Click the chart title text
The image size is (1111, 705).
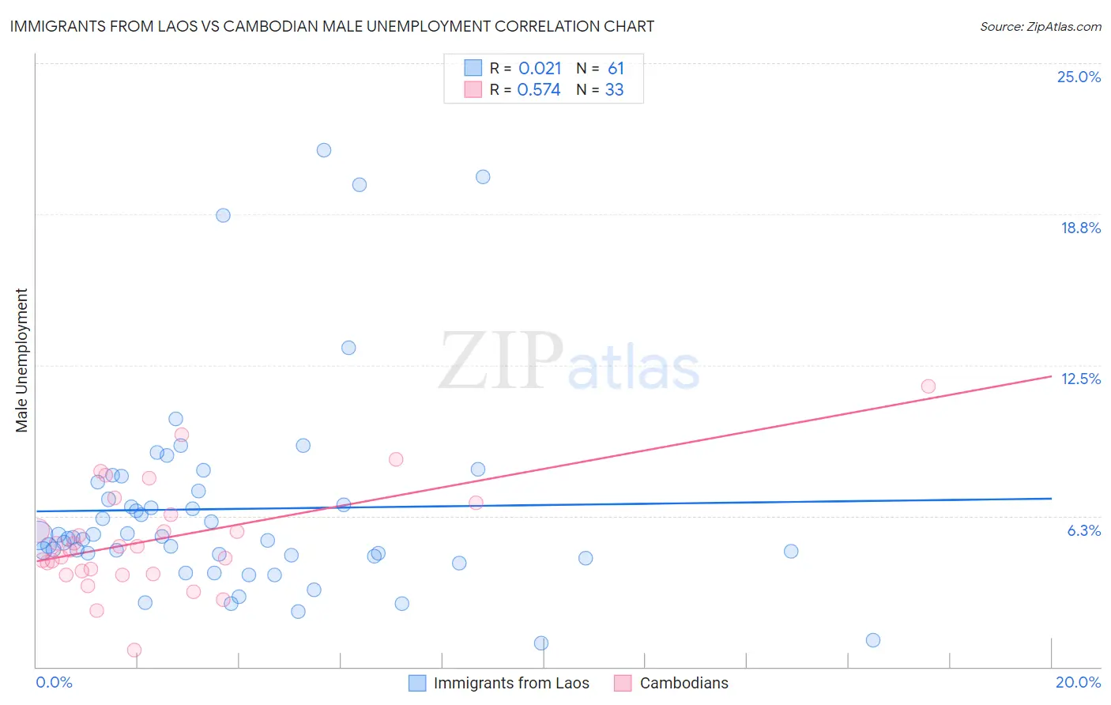pos(331,26)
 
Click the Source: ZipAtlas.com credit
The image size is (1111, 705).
pos(1040,26)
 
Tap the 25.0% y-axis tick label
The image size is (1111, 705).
pos(1079,77)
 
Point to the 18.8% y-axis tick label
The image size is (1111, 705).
pos(1080,228)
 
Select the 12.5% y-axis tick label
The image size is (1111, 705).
pos(1080,379)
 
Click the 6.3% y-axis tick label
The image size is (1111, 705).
pos(1083,530)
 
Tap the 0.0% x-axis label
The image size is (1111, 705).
pos(54,682)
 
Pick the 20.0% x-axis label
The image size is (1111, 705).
pos(1078,682)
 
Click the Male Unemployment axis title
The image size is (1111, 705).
pos(22,360)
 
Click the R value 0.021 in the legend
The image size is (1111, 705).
pos(540,69)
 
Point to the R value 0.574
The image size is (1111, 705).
pos(539,90)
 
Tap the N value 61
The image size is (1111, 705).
pos(616,69)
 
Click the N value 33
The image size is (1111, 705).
pos(614,90)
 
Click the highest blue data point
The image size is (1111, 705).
pos(324,150)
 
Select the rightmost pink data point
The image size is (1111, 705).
pos(928,386)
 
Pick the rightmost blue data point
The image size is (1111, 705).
pos(873,640)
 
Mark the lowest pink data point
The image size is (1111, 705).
pos(134,650)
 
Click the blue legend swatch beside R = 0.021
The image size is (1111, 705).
pos(473,68)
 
